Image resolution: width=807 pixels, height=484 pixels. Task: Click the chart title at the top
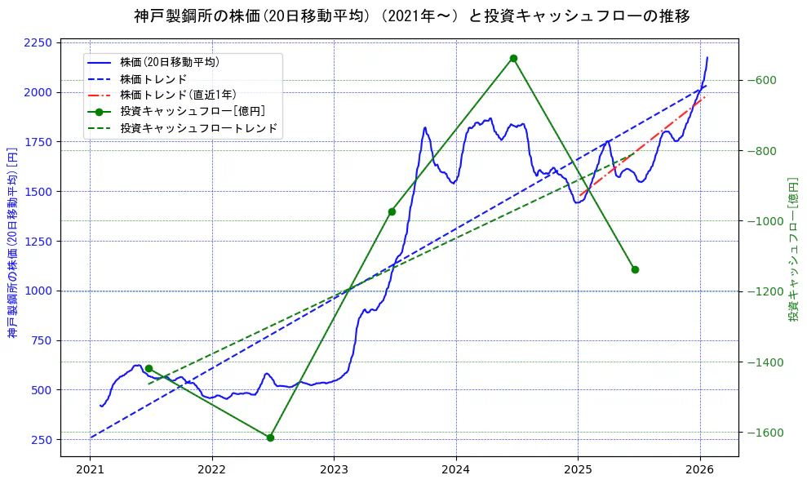[411, 16]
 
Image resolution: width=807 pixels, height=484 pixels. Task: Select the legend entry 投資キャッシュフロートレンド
[198, 128]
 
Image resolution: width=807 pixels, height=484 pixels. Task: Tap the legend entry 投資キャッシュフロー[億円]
[192, 111]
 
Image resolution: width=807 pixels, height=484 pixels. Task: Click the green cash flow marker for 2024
[513, 58]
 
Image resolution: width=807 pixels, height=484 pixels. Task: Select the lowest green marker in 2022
[270, 437]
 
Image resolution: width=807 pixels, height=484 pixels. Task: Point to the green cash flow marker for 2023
[392, 211]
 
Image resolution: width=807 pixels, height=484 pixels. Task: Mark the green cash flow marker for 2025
[635, 269]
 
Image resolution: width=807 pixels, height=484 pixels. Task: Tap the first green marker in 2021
[149, 368]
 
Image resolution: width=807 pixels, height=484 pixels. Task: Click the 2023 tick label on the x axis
[334, 470]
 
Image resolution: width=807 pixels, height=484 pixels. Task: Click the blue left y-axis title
[12, 242]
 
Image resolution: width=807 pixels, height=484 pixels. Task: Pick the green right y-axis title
[792, 248]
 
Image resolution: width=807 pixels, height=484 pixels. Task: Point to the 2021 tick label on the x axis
[90, 470]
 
